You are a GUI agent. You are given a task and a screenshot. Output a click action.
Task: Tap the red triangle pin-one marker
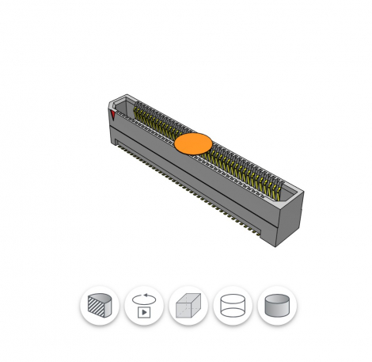114,116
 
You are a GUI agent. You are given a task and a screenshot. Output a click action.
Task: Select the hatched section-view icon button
100,306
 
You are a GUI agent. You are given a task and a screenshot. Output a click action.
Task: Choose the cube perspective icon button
188,306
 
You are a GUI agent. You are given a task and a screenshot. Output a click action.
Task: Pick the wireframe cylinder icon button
233,306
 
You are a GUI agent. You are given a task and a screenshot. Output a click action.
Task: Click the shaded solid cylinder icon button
277,306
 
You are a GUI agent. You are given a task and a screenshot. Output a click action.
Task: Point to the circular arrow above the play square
144,298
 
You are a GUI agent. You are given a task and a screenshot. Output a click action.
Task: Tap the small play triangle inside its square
144,312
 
